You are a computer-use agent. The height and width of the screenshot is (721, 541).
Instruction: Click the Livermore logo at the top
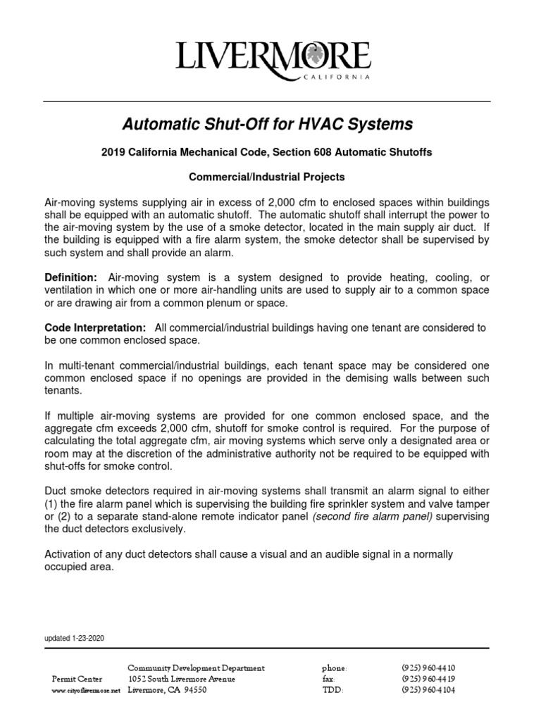coord(272,56)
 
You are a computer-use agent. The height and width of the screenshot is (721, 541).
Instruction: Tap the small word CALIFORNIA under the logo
coord(335,78)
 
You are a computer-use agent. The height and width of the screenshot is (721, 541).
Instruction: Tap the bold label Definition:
coord(71,278)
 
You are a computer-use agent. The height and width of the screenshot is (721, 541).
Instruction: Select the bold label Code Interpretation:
coord(95,329)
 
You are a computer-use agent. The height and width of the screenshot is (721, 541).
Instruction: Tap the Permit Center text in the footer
coord(77,679)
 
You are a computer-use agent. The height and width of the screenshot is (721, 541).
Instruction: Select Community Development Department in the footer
coord(196,667)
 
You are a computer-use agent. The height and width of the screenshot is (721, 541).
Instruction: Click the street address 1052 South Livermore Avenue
coord(181,679)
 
